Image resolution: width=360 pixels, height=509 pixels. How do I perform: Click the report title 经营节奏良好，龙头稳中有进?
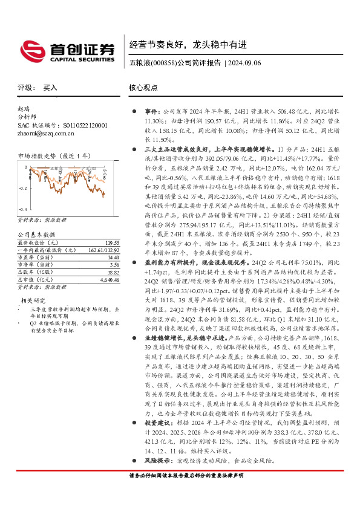[x=188, y=44]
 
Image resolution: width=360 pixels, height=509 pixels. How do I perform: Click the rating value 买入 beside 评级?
[x=50, y=88]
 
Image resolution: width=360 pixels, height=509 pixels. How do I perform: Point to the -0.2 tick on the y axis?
[x=21, y=189]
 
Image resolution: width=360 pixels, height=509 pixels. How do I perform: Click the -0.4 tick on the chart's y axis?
[x=21, y=208]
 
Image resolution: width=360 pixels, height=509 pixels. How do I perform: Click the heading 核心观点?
[x=142, y=88]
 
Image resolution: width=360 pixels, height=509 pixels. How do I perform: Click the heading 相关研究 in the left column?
[x=33, y=300]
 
